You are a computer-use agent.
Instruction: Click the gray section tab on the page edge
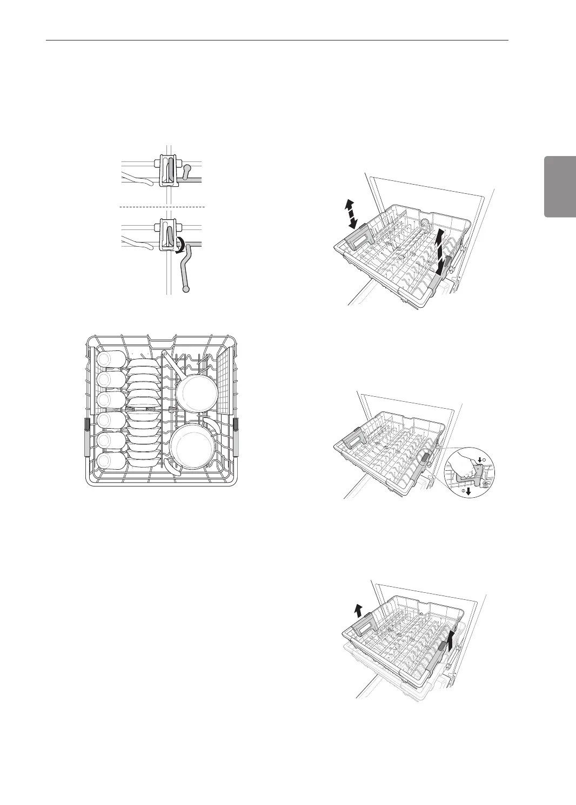[x=560, y=186]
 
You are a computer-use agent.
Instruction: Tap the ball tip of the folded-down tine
[x=187, y=289]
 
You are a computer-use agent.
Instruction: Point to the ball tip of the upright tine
[x=187, y=169]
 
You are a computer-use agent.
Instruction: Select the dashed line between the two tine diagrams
[x=162, y=207]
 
